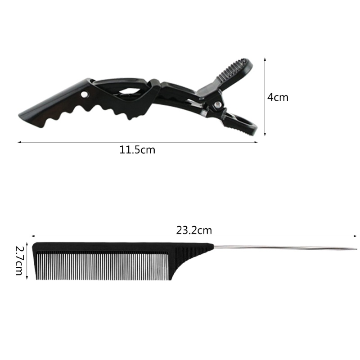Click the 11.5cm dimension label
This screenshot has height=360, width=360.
137,150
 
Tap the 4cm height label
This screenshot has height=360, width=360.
278,97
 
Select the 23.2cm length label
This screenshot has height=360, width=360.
194,230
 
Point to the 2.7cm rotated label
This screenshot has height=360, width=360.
19,261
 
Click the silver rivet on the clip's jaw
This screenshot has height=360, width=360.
85,94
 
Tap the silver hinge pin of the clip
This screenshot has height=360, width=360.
217,105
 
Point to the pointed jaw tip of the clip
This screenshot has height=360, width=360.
19,114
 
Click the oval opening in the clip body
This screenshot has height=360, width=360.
130,91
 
